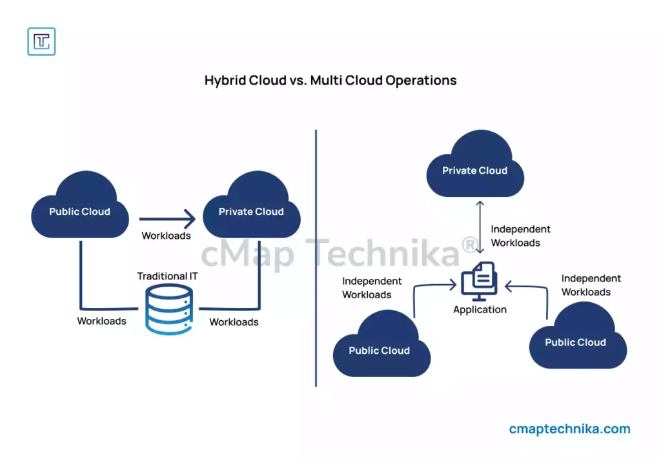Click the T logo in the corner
click(41, 41)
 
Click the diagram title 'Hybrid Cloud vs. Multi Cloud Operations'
click(330, 81)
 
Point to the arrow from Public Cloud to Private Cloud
click(167, 219)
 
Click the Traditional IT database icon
click(168, 310)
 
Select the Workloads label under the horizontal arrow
click(167, 236)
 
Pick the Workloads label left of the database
click(102, 321)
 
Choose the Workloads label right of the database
click(234, 322)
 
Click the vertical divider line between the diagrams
click(316, 258)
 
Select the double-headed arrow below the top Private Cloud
click(480, 227)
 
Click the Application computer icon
click(479, 281)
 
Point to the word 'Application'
click(480, 310)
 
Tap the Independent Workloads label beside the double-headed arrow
click(520, 236)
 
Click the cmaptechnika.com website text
click(569, 429)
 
